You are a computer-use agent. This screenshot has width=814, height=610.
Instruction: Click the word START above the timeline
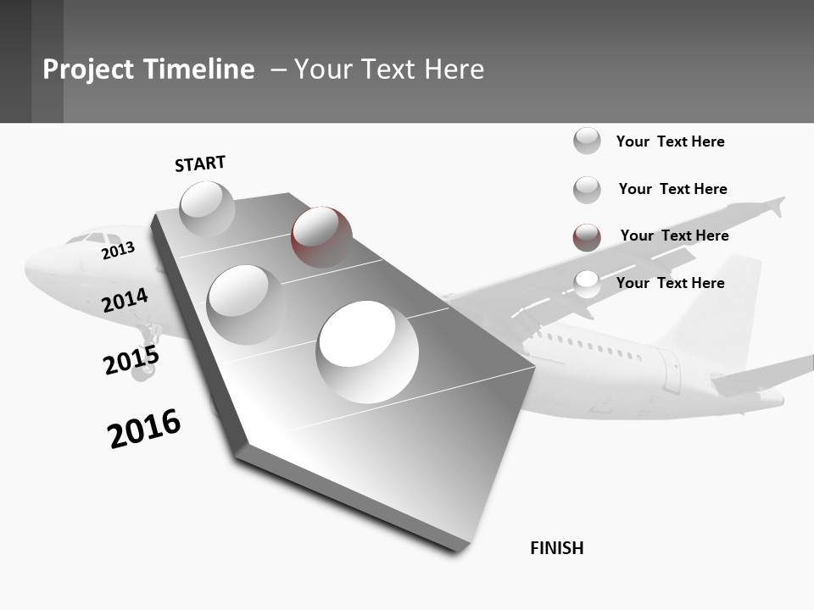(200, 164)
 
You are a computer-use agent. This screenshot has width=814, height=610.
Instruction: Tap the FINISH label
(556, 548)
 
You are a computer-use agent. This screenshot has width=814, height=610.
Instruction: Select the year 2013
(118, 251)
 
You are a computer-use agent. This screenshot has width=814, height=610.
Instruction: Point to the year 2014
(125, 300)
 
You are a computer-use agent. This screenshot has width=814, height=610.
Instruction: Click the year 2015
(131, 360)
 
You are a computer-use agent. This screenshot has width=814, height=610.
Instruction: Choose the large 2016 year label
(144, 428)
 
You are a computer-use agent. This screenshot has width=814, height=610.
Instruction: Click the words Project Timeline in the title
(148, 69)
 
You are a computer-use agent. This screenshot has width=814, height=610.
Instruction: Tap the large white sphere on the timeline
(367, 351)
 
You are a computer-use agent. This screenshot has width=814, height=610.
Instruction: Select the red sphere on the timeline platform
(321, 236)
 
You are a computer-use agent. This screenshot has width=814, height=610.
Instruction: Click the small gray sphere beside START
(207, 208)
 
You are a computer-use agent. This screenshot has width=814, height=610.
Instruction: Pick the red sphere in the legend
(587, 237)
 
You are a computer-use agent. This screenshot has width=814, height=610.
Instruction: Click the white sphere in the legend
(587, 284)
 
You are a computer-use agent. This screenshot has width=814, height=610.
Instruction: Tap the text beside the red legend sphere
(674, 236)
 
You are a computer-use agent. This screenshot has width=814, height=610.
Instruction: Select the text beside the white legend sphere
(670, 283)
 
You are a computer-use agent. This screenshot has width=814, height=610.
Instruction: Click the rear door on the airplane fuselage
(672, 369)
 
